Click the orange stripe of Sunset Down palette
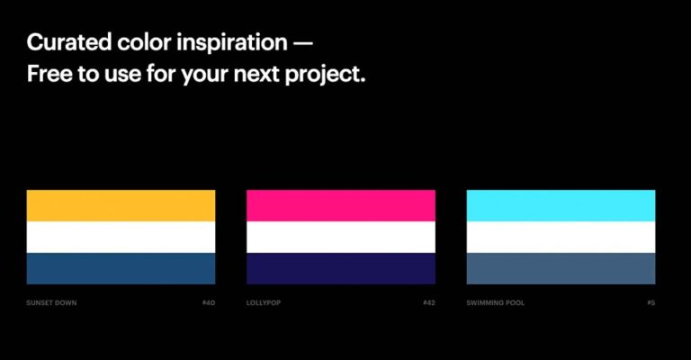tap(121, 205)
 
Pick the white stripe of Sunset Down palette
tap(121, 237)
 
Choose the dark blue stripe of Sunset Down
tap(121, 268)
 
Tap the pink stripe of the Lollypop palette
tap(341, 205)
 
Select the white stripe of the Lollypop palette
tap(341, 237)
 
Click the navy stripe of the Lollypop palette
tap(341, 268)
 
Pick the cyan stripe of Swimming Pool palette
tap(561, 205)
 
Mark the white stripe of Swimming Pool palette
tap(561, 237)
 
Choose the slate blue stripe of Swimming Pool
tap(561, 268)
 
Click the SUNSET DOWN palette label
tap(52, 302)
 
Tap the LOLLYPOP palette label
tap(264, 302)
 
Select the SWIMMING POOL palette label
tap(496, 302)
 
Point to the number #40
tap(209, 302)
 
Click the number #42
tap(429, 302)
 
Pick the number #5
tap(651, 302)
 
